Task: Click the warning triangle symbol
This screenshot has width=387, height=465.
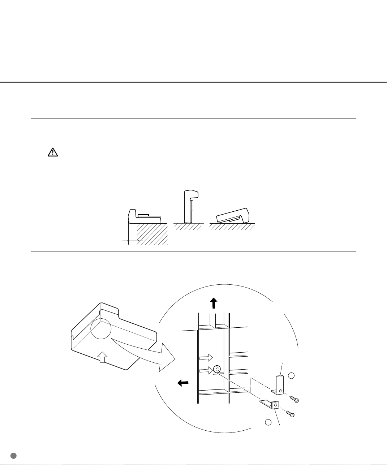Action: point(53,153)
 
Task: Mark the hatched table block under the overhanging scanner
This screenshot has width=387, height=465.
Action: point(152,234)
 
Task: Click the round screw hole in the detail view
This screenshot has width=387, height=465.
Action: point(217,369)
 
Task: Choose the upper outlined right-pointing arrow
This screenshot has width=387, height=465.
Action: point(206,357)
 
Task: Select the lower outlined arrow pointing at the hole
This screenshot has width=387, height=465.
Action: point(206,370)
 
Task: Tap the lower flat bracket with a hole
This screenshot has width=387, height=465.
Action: point(271,405)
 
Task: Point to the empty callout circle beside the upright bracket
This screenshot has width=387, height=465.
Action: point(292,376)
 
